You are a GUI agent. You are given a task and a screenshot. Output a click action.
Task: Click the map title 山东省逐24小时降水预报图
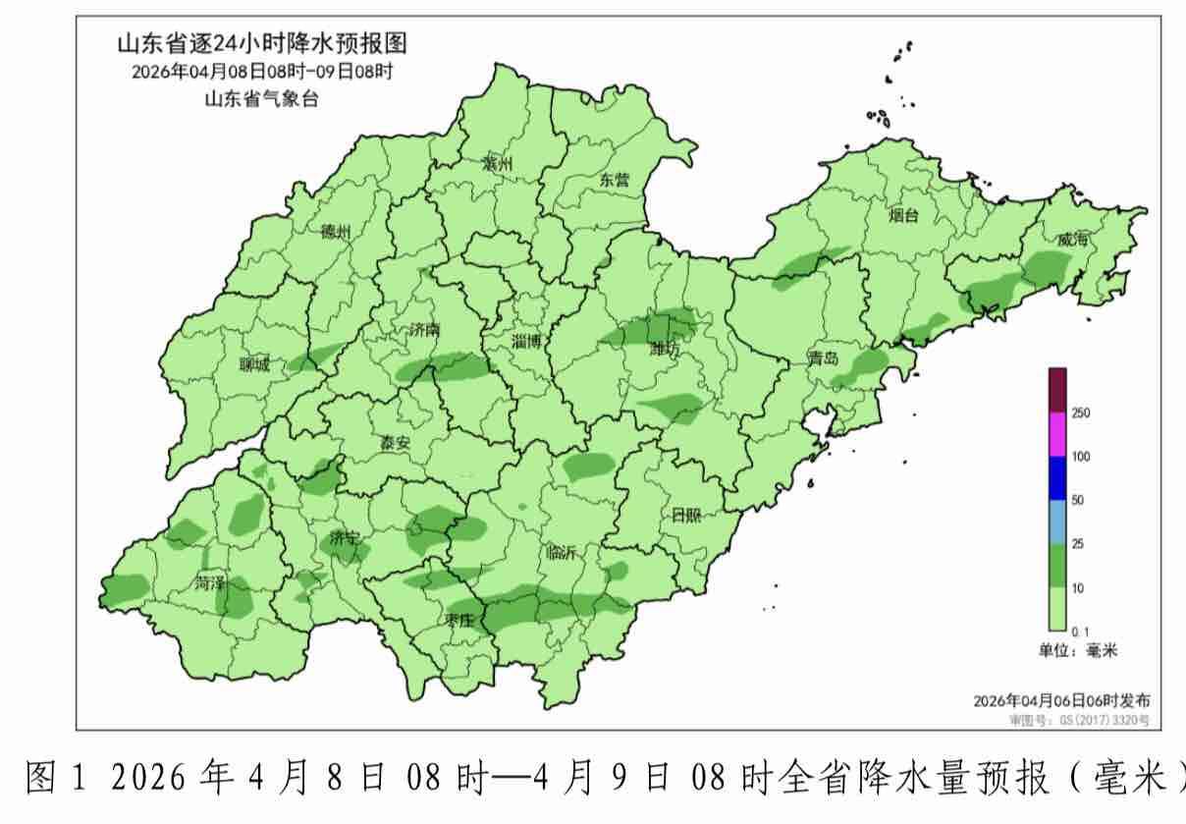[x=261, y=43]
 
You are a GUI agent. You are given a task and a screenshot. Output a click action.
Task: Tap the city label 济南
[x=423, y=331]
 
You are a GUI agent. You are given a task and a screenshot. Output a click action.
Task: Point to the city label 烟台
[x=903, y=215]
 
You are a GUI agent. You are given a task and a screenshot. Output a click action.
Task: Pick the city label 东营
[x=614, y=179]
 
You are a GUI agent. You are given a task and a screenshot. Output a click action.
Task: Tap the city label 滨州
[x=498, y=164]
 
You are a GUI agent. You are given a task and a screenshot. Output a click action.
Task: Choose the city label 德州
[x=335, y=233]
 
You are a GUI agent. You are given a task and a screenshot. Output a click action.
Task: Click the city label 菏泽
[x=209, y=582]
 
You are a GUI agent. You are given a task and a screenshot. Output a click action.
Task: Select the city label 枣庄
[x=458, y=620]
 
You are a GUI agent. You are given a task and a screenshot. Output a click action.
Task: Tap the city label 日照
[x=686, y=516]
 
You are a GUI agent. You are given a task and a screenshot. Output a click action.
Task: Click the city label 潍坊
[x=665, y=349]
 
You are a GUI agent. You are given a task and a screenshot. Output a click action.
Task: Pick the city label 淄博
[x=526, y=342]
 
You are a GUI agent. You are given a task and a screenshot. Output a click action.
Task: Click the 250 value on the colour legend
[x=1080, y=413]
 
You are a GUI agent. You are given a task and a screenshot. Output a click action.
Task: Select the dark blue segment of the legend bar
[x=1057, y=478]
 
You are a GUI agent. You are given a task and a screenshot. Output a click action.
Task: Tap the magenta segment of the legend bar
[x=1057, y=434]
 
